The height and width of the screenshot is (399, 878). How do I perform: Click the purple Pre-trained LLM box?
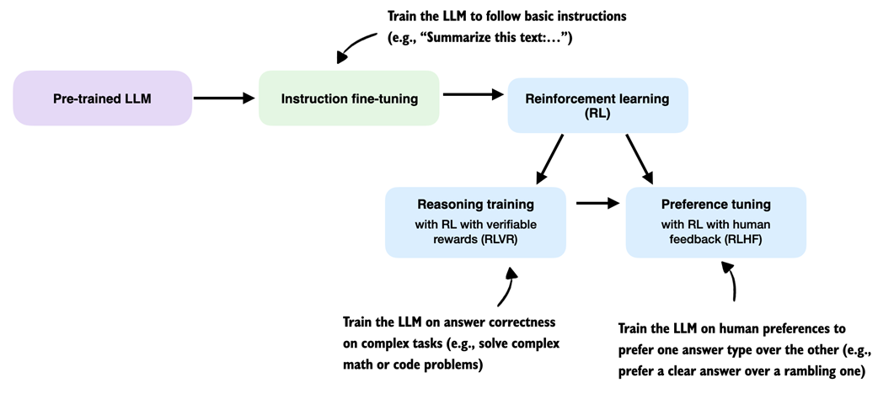[103, 98]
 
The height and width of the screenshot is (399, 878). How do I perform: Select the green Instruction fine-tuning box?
[349, 98]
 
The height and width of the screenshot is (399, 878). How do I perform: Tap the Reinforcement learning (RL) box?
[597, 105]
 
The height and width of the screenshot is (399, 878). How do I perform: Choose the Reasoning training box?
[475, 222]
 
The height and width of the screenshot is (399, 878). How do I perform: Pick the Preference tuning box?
[715, 222]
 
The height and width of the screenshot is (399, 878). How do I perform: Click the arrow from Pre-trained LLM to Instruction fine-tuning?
[224, 98]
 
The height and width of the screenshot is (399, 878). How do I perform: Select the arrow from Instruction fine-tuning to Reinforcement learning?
[472, 94]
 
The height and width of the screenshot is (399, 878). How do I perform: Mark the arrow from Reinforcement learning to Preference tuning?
[639, 159]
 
